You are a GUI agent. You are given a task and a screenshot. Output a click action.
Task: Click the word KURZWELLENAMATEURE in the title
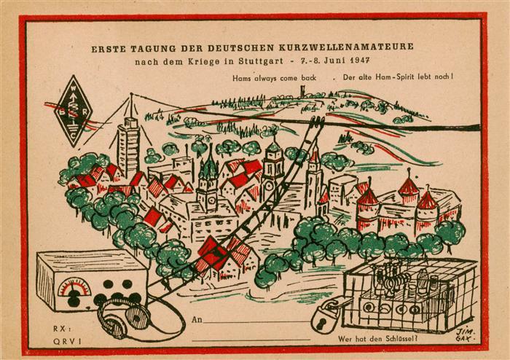click(353, 47)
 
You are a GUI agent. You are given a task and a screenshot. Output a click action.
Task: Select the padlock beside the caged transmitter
click(323, 315)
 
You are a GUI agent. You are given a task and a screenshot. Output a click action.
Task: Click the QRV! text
click(65, 340)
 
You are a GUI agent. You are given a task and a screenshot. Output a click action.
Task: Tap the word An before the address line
click(197, 320)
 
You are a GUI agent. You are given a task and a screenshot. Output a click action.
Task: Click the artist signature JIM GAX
click(465, 334)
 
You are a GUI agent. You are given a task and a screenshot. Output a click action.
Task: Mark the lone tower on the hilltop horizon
click(300, 92)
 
